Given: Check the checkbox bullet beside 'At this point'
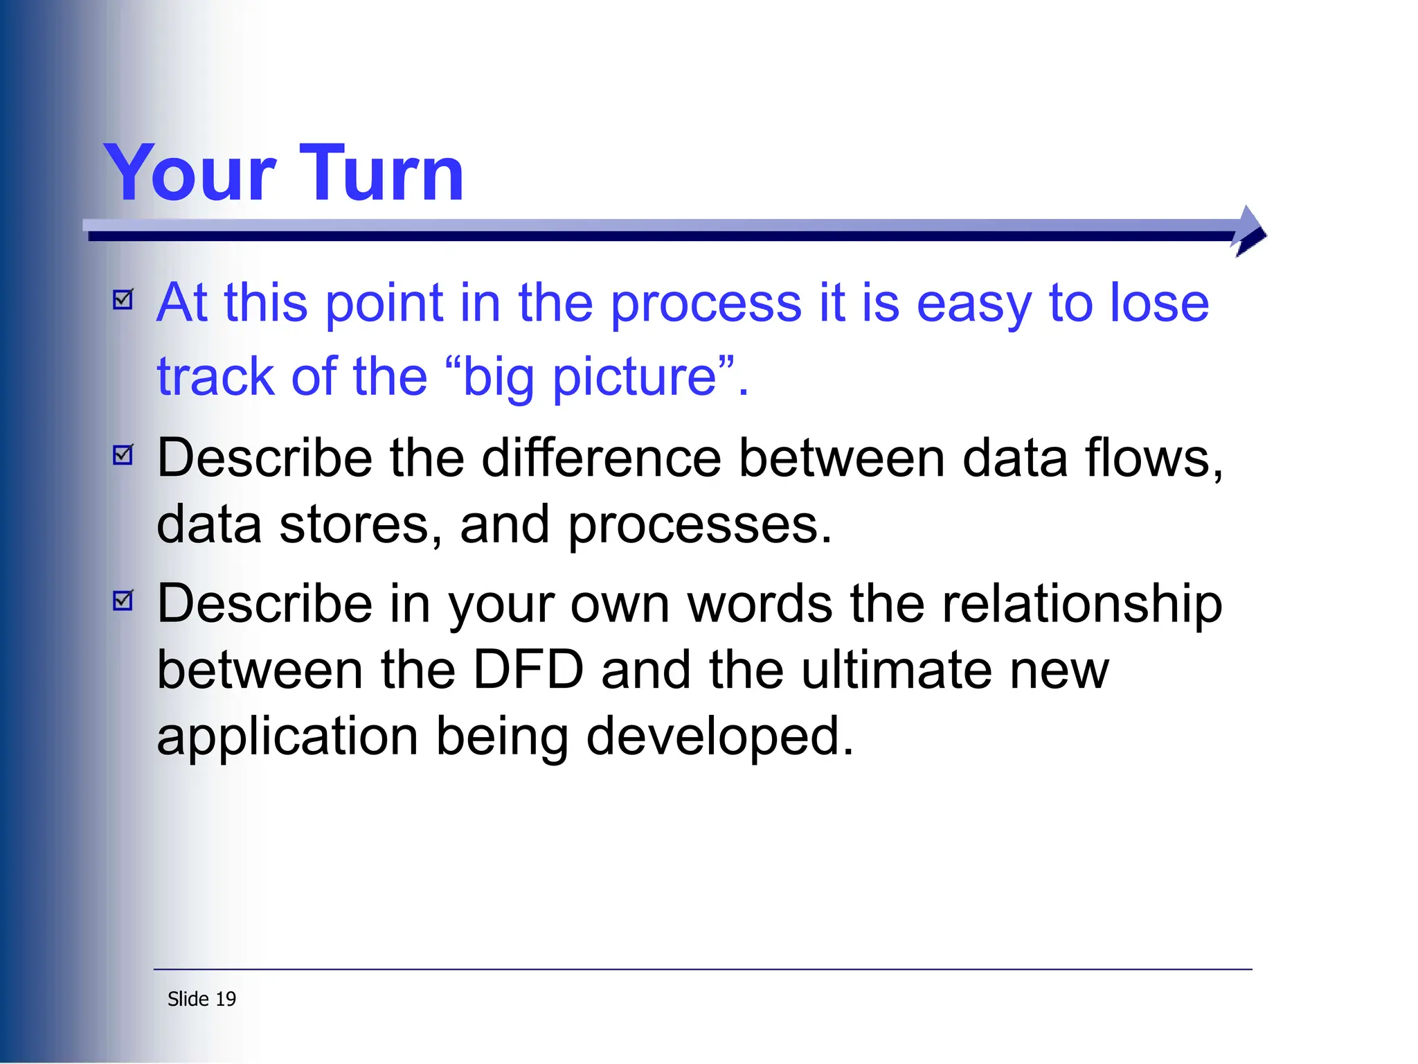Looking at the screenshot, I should pyautogui.click(x=123, y=300).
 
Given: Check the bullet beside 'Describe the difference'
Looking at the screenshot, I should pyautogui.click(x=123, y=455).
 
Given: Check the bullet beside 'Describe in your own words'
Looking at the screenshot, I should pyautogui.click(x=123, y=600).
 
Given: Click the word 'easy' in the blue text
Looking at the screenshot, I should pyautogui.click(x=973, y=305).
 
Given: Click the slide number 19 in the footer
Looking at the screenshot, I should pyautogui.click(x=226, y=999).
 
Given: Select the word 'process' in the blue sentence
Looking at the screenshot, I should pyautogui.click(x=706, y=305).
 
